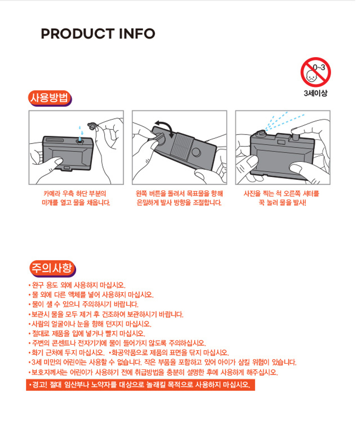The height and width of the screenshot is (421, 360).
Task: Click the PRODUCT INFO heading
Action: [98, 33]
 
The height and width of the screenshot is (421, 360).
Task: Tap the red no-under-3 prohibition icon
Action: [316, 72]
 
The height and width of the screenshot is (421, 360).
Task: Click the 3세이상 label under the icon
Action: [316, 93]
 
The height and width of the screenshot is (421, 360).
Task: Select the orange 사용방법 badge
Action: [50, 98]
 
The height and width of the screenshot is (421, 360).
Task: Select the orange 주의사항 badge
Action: [53, 268]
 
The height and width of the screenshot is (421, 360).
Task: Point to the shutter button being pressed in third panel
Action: [295, 136]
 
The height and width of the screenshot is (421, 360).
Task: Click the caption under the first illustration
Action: [76, 198]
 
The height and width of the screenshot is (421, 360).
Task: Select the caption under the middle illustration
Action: [179, 198]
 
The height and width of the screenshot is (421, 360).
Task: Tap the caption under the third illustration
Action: [282, 198]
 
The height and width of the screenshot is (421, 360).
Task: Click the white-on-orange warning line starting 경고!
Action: [141, 385]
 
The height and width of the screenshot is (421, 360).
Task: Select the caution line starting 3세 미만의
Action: [162, 362]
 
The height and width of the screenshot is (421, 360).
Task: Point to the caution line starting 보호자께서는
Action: [153, 372]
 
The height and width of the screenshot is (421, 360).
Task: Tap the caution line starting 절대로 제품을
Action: [87, 333]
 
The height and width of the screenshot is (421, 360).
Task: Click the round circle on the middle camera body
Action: [196, 152]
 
